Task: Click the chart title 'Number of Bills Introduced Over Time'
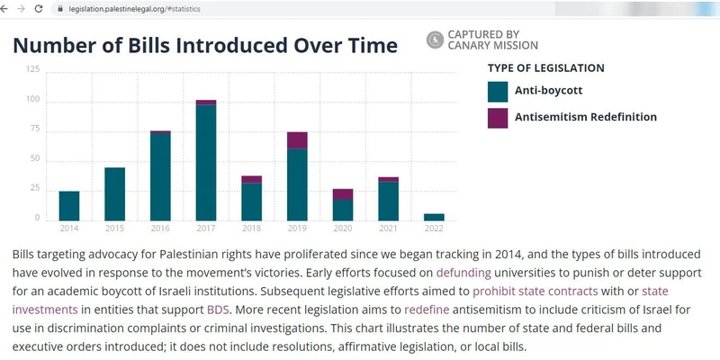[205, 45]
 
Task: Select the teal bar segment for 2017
[206, 162]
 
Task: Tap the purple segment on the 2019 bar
[297, 139]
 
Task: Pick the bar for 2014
[69, 205]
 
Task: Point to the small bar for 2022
[434, 217]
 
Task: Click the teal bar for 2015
[115, 193]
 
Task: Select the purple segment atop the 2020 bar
[343, 193]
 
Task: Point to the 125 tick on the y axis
[33, 69]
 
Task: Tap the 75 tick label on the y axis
[35, 129]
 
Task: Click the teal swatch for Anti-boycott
[498, 92]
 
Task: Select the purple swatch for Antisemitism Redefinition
[498, 117]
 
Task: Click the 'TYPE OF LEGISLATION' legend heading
[545, 67]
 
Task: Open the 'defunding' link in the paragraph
[463, 272]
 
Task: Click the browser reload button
[38, 8]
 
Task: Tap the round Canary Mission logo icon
[435, 39]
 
